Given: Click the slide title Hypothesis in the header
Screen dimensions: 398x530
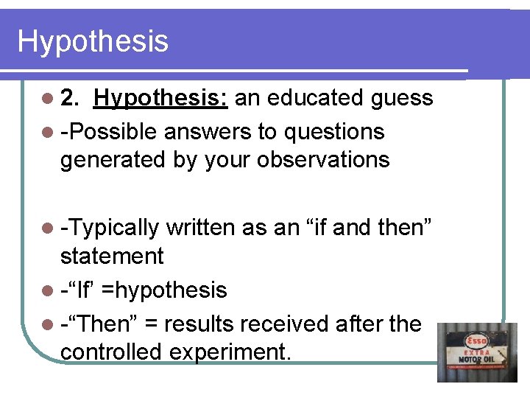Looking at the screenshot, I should click(x=93, y=41).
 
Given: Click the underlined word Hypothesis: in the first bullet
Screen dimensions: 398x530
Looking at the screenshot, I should click(x=161, y=98).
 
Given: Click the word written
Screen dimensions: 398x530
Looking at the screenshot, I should click(x=200, y=228).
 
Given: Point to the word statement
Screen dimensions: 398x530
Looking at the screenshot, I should click(x=112, y=256).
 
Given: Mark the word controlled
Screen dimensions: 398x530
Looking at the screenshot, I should click(x=112, y=352).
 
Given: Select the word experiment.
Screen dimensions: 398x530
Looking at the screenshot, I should click(x=230, y=353).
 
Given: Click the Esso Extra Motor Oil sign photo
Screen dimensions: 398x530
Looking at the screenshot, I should click(x=477, y=352).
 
